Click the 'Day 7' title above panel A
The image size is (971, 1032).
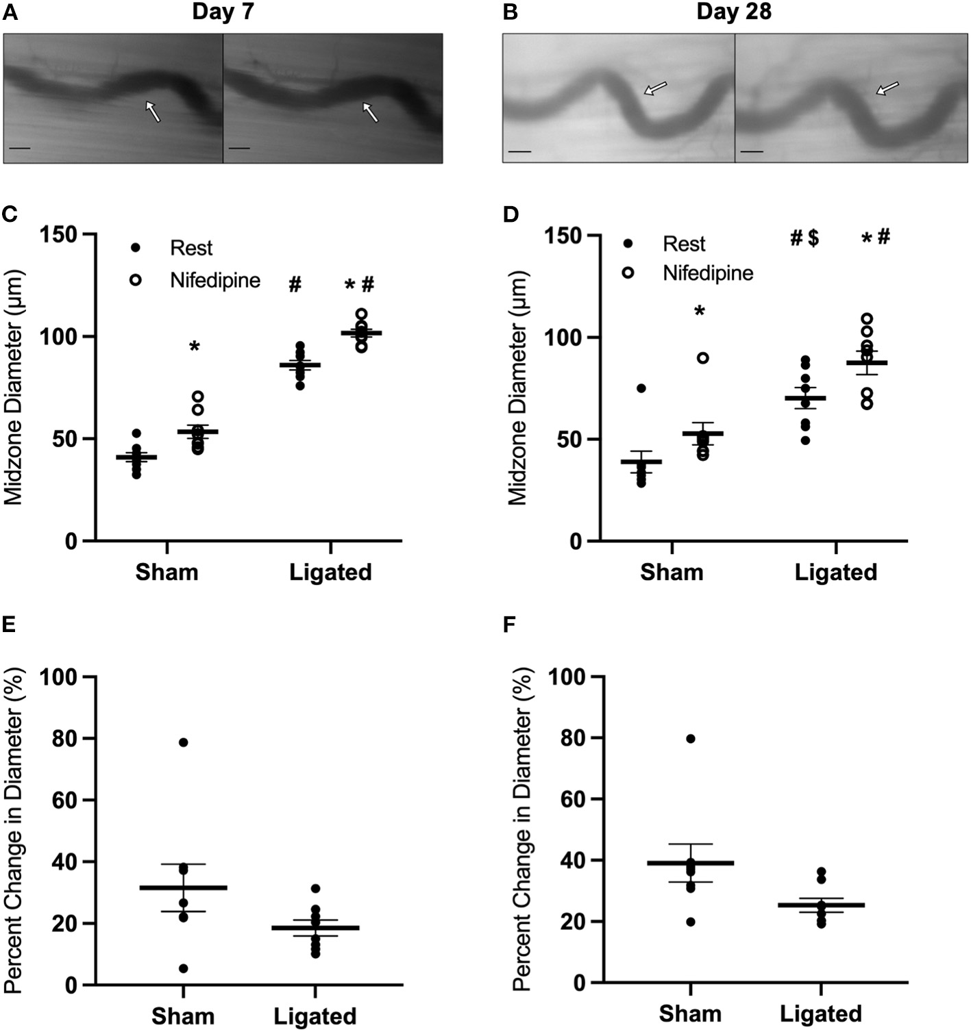pos(223,12)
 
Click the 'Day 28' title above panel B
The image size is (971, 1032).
pos(734,12)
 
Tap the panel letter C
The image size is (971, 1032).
pos(10,214)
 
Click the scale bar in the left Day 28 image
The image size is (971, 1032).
pos(520,151)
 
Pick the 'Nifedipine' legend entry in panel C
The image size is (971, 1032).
pos(214,280)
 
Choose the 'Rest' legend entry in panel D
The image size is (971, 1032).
pos(683,244)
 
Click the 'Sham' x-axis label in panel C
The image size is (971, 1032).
pos(167,572)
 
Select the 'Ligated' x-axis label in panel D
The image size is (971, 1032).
pos(835,572)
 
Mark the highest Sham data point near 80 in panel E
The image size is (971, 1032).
pos(183,742)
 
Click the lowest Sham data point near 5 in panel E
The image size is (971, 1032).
pos(183,968)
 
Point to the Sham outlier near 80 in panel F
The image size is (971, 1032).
pos(690,738)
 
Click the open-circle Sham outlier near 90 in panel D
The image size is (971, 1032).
pos(703,358)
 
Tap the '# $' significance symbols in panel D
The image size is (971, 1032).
pos(804,238)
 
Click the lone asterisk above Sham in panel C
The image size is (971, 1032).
pos(194,347)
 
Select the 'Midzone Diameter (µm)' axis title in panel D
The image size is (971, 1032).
pos(518,388)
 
